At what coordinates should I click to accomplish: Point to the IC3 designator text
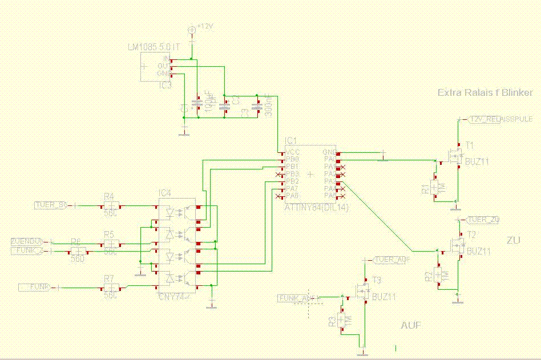(x=165, y=85)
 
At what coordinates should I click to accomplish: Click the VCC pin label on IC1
(x=293, y=152)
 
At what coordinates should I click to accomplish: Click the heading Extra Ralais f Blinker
(x=485, y=92)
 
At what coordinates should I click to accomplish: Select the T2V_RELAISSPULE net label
(x=500, y=119)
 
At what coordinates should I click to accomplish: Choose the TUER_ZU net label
(x=483, y=220)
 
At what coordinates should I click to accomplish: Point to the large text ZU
(x=514, y=241)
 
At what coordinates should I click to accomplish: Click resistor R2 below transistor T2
(x=438, y=274)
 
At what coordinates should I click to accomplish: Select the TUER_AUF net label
(x=393, y=260)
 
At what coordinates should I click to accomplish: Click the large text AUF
(x=411, y=326)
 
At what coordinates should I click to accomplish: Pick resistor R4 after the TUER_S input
(x=111, y=205)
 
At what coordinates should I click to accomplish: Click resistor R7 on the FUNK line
(x=111, y=287)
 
